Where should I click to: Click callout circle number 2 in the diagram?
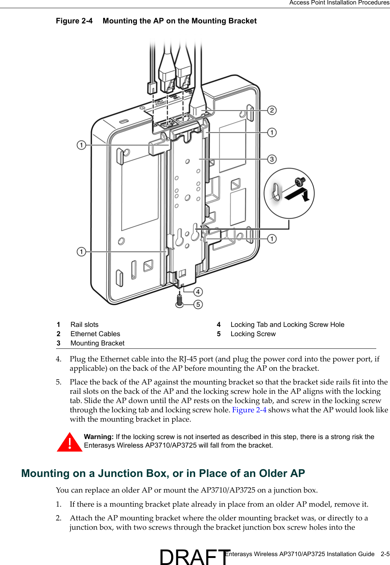[x=272, y=110]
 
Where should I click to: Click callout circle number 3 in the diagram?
[x=272, y=159]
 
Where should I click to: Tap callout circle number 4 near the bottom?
[x=198, y=292]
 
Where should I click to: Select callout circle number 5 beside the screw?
[x=198, y=305]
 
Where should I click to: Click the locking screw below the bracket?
[x=180, y=299]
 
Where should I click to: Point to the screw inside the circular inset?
[x=300, y=182]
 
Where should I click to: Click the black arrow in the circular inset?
[x=298, y=194]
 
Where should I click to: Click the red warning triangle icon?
[x=69, y=442]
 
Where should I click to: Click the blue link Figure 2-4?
[x=249, y=410]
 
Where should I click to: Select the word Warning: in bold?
[x=99, y=437]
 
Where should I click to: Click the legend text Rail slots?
[x=85, y=325]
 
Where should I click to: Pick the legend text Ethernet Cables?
[x=95, y=334]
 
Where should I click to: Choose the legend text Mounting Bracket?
[x=98, y=343]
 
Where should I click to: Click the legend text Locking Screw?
[x=253, y=334]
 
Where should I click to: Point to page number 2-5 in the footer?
[x=385, y=554]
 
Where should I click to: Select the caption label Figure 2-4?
[x=74, y=21]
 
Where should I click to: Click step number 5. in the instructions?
[x=59, y=382]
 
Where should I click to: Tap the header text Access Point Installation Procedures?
[x=339, y=3]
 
